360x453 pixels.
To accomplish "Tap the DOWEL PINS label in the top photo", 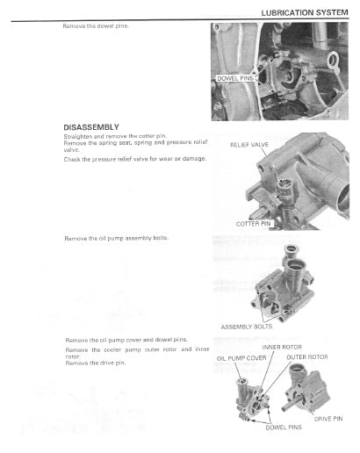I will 235,78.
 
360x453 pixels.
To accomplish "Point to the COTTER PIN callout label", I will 253,224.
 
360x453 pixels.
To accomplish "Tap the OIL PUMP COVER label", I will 235,358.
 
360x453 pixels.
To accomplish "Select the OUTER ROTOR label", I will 306,357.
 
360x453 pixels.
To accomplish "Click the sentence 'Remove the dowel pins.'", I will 97,26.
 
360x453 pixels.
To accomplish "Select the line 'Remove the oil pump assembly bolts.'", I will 117,238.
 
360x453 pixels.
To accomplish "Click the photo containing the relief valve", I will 285,180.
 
